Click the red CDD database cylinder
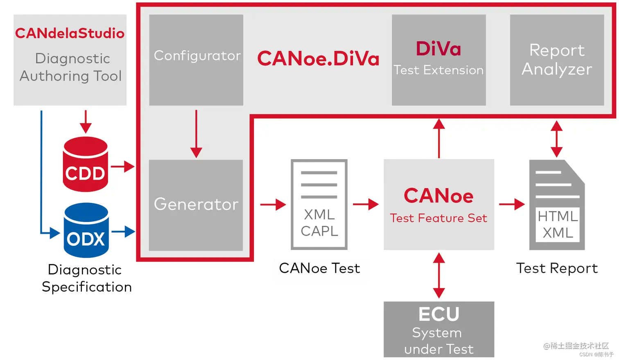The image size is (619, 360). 85,164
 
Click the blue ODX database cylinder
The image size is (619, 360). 86,231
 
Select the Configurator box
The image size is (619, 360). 196,60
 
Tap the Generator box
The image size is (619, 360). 196,205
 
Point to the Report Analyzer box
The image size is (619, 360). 557,60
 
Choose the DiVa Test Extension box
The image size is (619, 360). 438,60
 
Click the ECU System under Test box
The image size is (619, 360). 438,329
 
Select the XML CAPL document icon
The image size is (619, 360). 319,205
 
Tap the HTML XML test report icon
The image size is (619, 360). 557,205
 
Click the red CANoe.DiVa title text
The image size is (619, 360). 318,59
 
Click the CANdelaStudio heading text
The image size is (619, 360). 70,33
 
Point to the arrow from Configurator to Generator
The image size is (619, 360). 196,133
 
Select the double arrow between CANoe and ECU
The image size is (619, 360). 439,275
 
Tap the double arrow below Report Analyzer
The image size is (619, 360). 556,139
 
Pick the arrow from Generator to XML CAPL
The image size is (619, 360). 273,204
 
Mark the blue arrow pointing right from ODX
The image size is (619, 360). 123,232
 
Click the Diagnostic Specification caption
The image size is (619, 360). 86,278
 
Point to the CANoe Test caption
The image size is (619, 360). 319,268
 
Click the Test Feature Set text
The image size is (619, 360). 438,218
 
